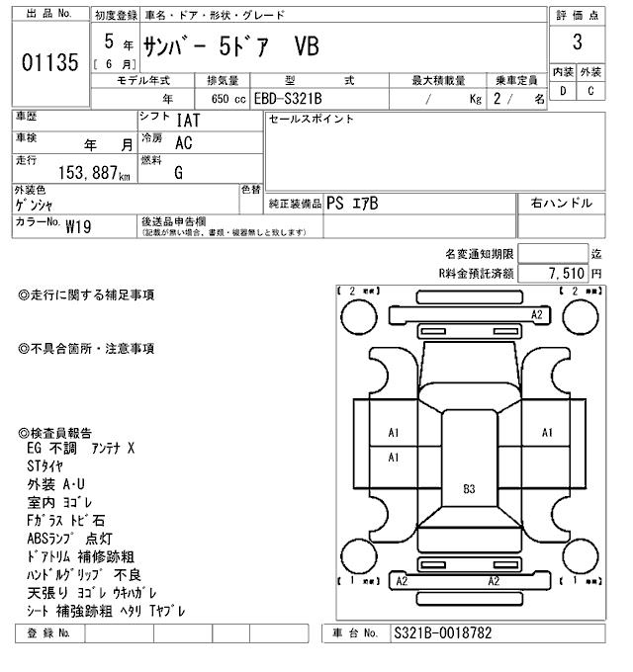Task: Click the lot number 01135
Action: pos(48,63)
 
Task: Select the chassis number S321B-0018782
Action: pos(442,632)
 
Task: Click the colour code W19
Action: pos(78,225)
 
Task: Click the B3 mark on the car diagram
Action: pos(469,488)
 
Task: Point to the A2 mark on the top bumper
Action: pos(537,314)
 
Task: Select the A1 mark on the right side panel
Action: pos(547,433)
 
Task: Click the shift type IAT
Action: pos(186,121)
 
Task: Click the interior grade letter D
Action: pos(564,91)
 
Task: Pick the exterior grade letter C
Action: pos(590,91)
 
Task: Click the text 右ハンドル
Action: pos(561,203)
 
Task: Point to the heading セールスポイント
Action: pos(311,120)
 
